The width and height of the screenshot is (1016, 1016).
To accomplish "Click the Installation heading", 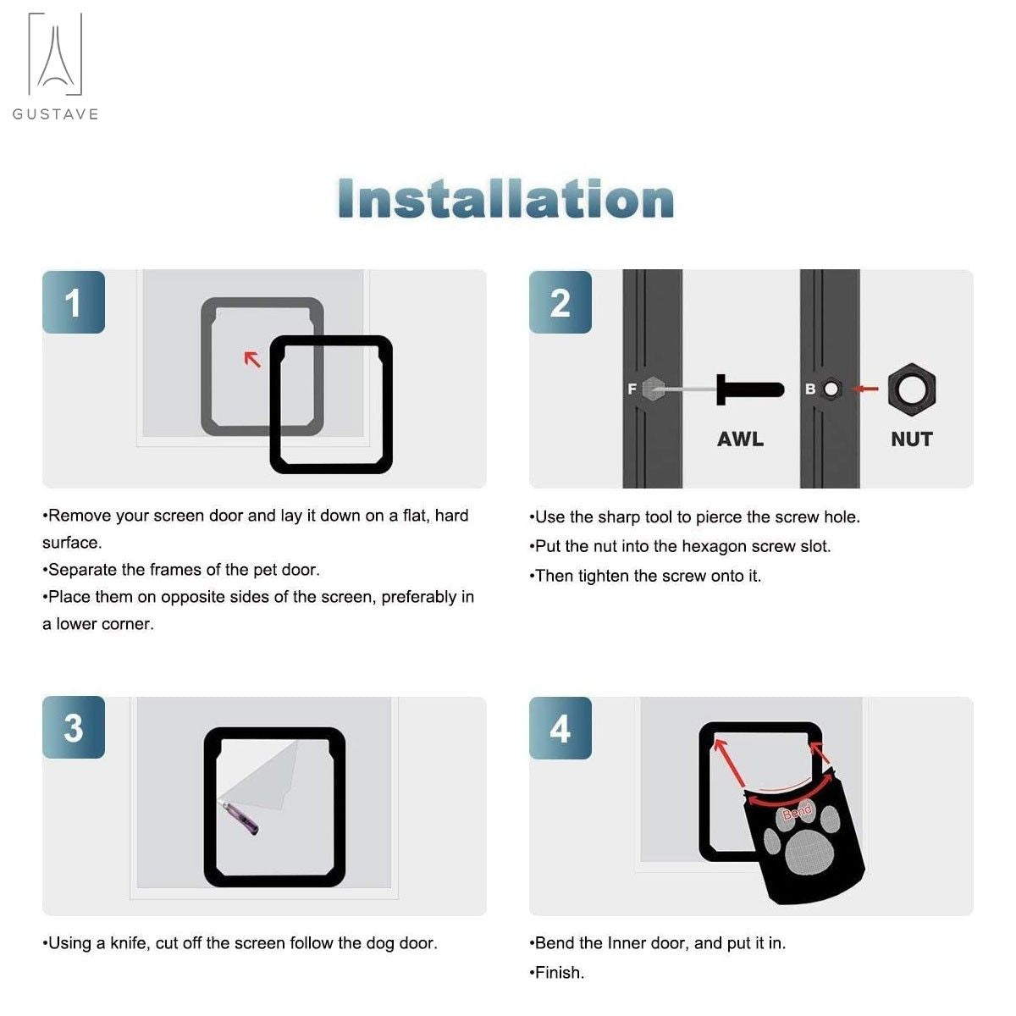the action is [x=506, y=198].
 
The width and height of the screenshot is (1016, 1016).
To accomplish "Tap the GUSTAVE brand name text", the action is [x=55, y=114].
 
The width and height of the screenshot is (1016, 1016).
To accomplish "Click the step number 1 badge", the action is [x=74, y=302].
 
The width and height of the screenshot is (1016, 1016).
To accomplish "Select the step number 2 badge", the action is [x=560, y=302].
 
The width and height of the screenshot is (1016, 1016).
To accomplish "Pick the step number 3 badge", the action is [x=74, y=727].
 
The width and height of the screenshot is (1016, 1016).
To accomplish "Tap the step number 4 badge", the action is [x=560, y=728].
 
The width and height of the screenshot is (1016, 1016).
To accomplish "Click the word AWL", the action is [x=740, y=439].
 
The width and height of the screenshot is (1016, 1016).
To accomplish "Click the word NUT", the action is [x=912, y=439].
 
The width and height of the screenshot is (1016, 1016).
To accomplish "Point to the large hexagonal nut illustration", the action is [x=912, y=389].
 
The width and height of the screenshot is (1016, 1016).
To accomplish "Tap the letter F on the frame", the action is [x=632, y=389].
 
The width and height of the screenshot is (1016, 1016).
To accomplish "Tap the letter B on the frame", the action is [x=810, y=389].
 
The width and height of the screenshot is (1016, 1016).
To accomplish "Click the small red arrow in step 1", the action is [x=252, y=359].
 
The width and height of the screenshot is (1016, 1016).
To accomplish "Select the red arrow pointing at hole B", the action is [x=864, y=389].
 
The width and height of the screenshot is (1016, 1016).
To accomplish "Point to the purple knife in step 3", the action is [x=241, y=817].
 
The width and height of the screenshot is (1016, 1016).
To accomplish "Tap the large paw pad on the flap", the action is [x=807, y=850].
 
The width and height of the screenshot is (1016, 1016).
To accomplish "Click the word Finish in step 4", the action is [x=559, y=973].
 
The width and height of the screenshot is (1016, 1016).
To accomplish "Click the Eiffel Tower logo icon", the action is [x=55, y=54].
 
